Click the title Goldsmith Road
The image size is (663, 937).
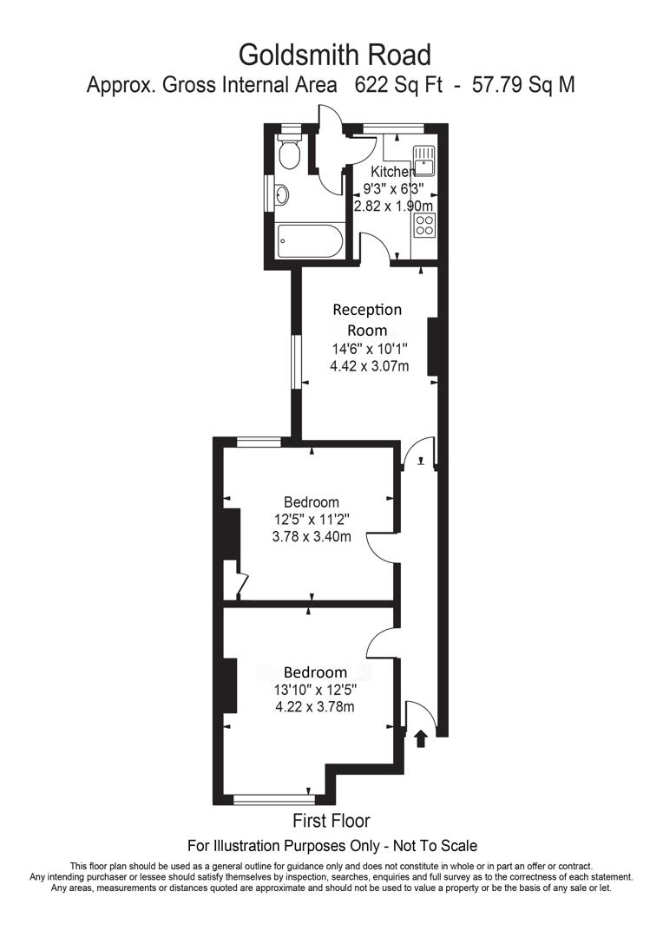coord(334,55)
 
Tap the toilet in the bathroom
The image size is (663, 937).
coord(290,153)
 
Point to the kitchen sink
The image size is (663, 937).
coord(423,160)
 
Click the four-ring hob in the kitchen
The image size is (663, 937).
coord(424,226)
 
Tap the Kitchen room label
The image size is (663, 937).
coord(392,172)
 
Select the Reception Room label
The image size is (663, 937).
coord(368,319)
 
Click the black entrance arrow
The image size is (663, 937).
coord(421,737)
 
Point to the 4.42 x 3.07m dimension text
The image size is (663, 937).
coord(369,367)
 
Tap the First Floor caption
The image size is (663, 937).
coord(331,821)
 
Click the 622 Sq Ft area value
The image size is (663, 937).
coord(398,85)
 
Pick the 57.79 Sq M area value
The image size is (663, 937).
coord(522,85)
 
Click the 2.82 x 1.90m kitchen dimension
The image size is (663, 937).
coord(393,206)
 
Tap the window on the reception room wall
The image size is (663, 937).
coord(296,362)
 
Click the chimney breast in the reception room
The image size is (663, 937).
coord(430,346)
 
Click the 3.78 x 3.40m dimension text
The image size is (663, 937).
coord(312,536)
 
